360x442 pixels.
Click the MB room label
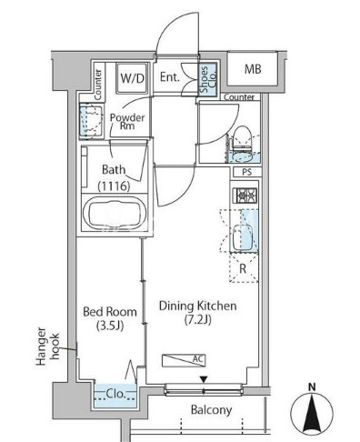point(253,69)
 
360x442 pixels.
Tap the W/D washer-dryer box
point(132,78)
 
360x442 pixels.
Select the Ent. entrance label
point(170,77)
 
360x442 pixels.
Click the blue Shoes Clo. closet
point(208,79)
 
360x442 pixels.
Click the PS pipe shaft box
point(247,172)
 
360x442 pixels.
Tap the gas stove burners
point(245,196)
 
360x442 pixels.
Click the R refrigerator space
point(244,268)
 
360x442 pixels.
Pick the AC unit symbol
point(184,360)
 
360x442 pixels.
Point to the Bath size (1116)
point(114,186)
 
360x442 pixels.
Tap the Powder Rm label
point(127,122)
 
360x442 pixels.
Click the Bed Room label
point(110,312)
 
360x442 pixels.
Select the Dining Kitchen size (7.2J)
point(197,319)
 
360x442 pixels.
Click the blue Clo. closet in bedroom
point(115,396)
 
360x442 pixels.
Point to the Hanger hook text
point(47,347)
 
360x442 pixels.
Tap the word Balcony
point(212,410)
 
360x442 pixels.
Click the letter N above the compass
point(312,387)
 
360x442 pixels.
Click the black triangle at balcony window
point(204,379)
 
